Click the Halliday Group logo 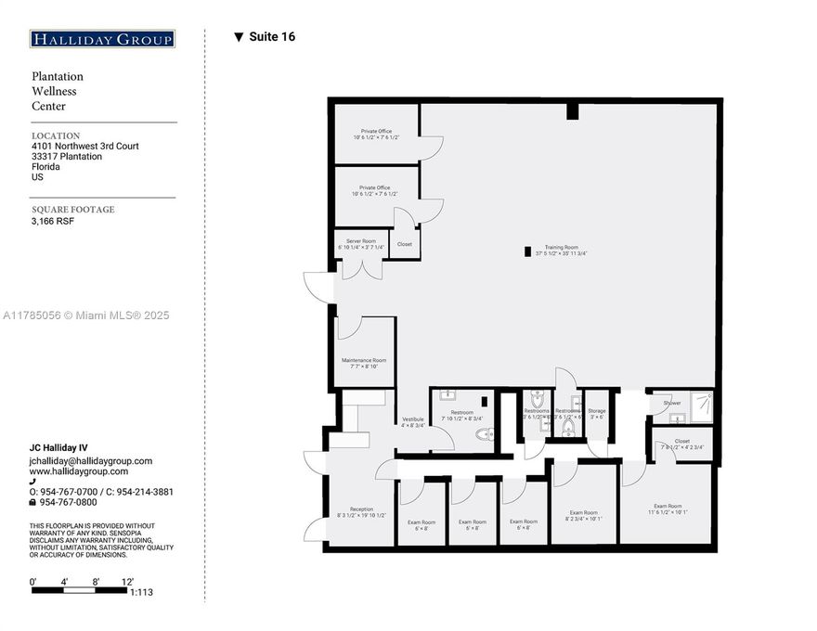pyautogui.click(x=102, y=39)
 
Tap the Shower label pyautogui.click(x=672, y=403)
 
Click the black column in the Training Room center pyautogui.click(x=528, y=251)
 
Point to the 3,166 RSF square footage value pyautogui.click(x=53, y=222)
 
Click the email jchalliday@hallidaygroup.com pyautogui.click(x=91, y=460)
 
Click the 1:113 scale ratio pyautogui.click(x=142, y=591)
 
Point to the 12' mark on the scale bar pyautogui.click(x=128, y=581)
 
